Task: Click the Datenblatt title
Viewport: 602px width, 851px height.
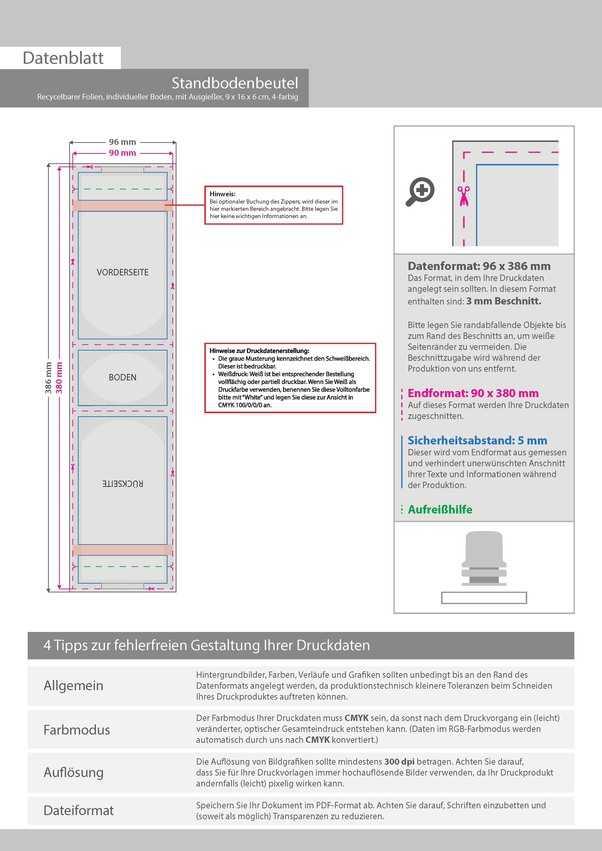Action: (63, 58)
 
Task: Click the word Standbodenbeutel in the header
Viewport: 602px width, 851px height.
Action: (234, 83)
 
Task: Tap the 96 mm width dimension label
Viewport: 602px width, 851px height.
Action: (122, 142)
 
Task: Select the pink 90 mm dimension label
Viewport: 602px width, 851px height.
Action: (122, 153)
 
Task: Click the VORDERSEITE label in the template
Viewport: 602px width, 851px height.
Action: (122, 272)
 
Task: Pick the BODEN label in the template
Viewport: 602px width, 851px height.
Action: (122, 377)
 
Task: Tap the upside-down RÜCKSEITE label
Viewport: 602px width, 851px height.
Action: (122, 484)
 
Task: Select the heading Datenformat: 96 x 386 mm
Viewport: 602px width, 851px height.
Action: (479, 266)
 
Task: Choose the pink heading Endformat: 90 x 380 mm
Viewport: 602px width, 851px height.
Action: (473, 393)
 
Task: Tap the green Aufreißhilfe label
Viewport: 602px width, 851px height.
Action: (440, 510)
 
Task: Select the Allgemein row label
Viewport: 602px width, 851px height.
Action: (74, 686)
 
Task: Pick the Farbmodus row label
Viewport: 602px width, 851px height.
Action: (77, 730)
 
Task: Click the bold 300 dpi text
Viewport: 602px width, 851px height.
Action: (399, 762)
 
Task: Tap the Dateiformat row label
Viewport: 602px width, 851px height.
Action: (79, 810)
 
